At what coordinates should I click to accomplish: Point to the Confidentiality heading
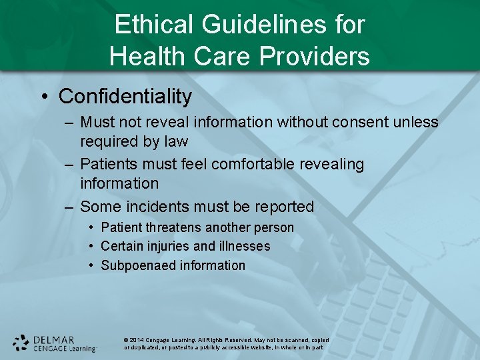point(125,97)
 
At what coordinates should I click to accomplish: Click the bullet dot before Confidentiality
point(44,97)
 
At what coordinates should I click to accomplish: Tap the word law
point(175,141)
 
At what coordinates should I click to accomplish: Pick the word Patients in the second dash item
point(107,164)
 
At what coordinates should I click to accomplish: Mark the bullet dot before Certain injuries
point(92,246)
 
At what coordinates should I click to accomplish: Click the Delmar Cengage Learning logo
point(55,343)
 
